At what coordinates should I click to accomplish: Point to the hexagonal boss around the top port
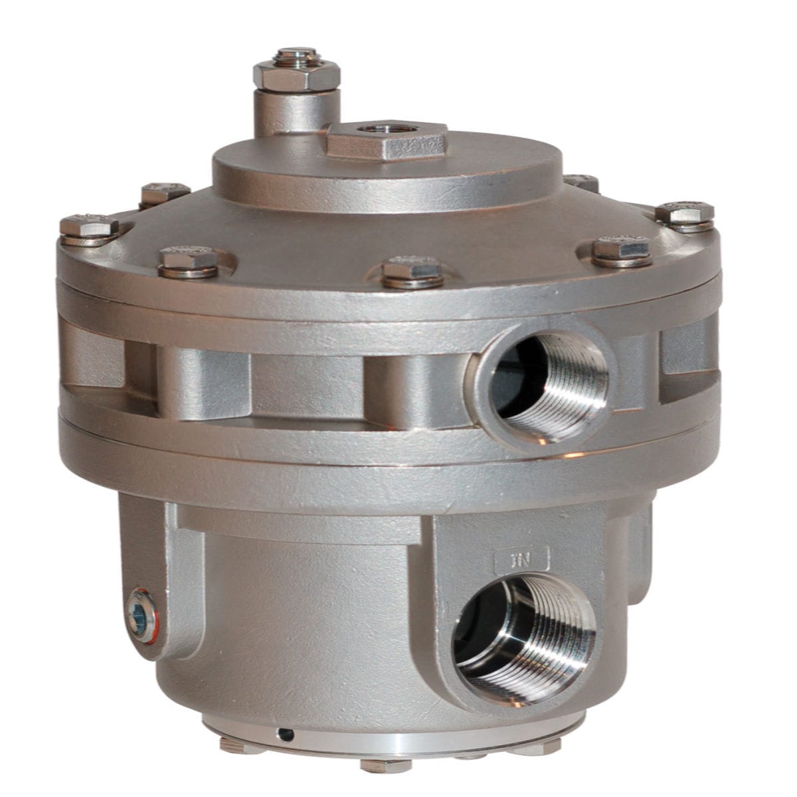[x=386, y=141]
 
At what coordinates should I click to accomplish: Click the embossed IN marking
[x=523, y=557]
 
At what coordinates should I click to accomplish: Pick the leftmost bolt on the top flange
[x=89, y=227]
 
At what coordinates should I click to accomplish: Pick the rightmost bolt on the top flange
[x=685, y=214]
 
